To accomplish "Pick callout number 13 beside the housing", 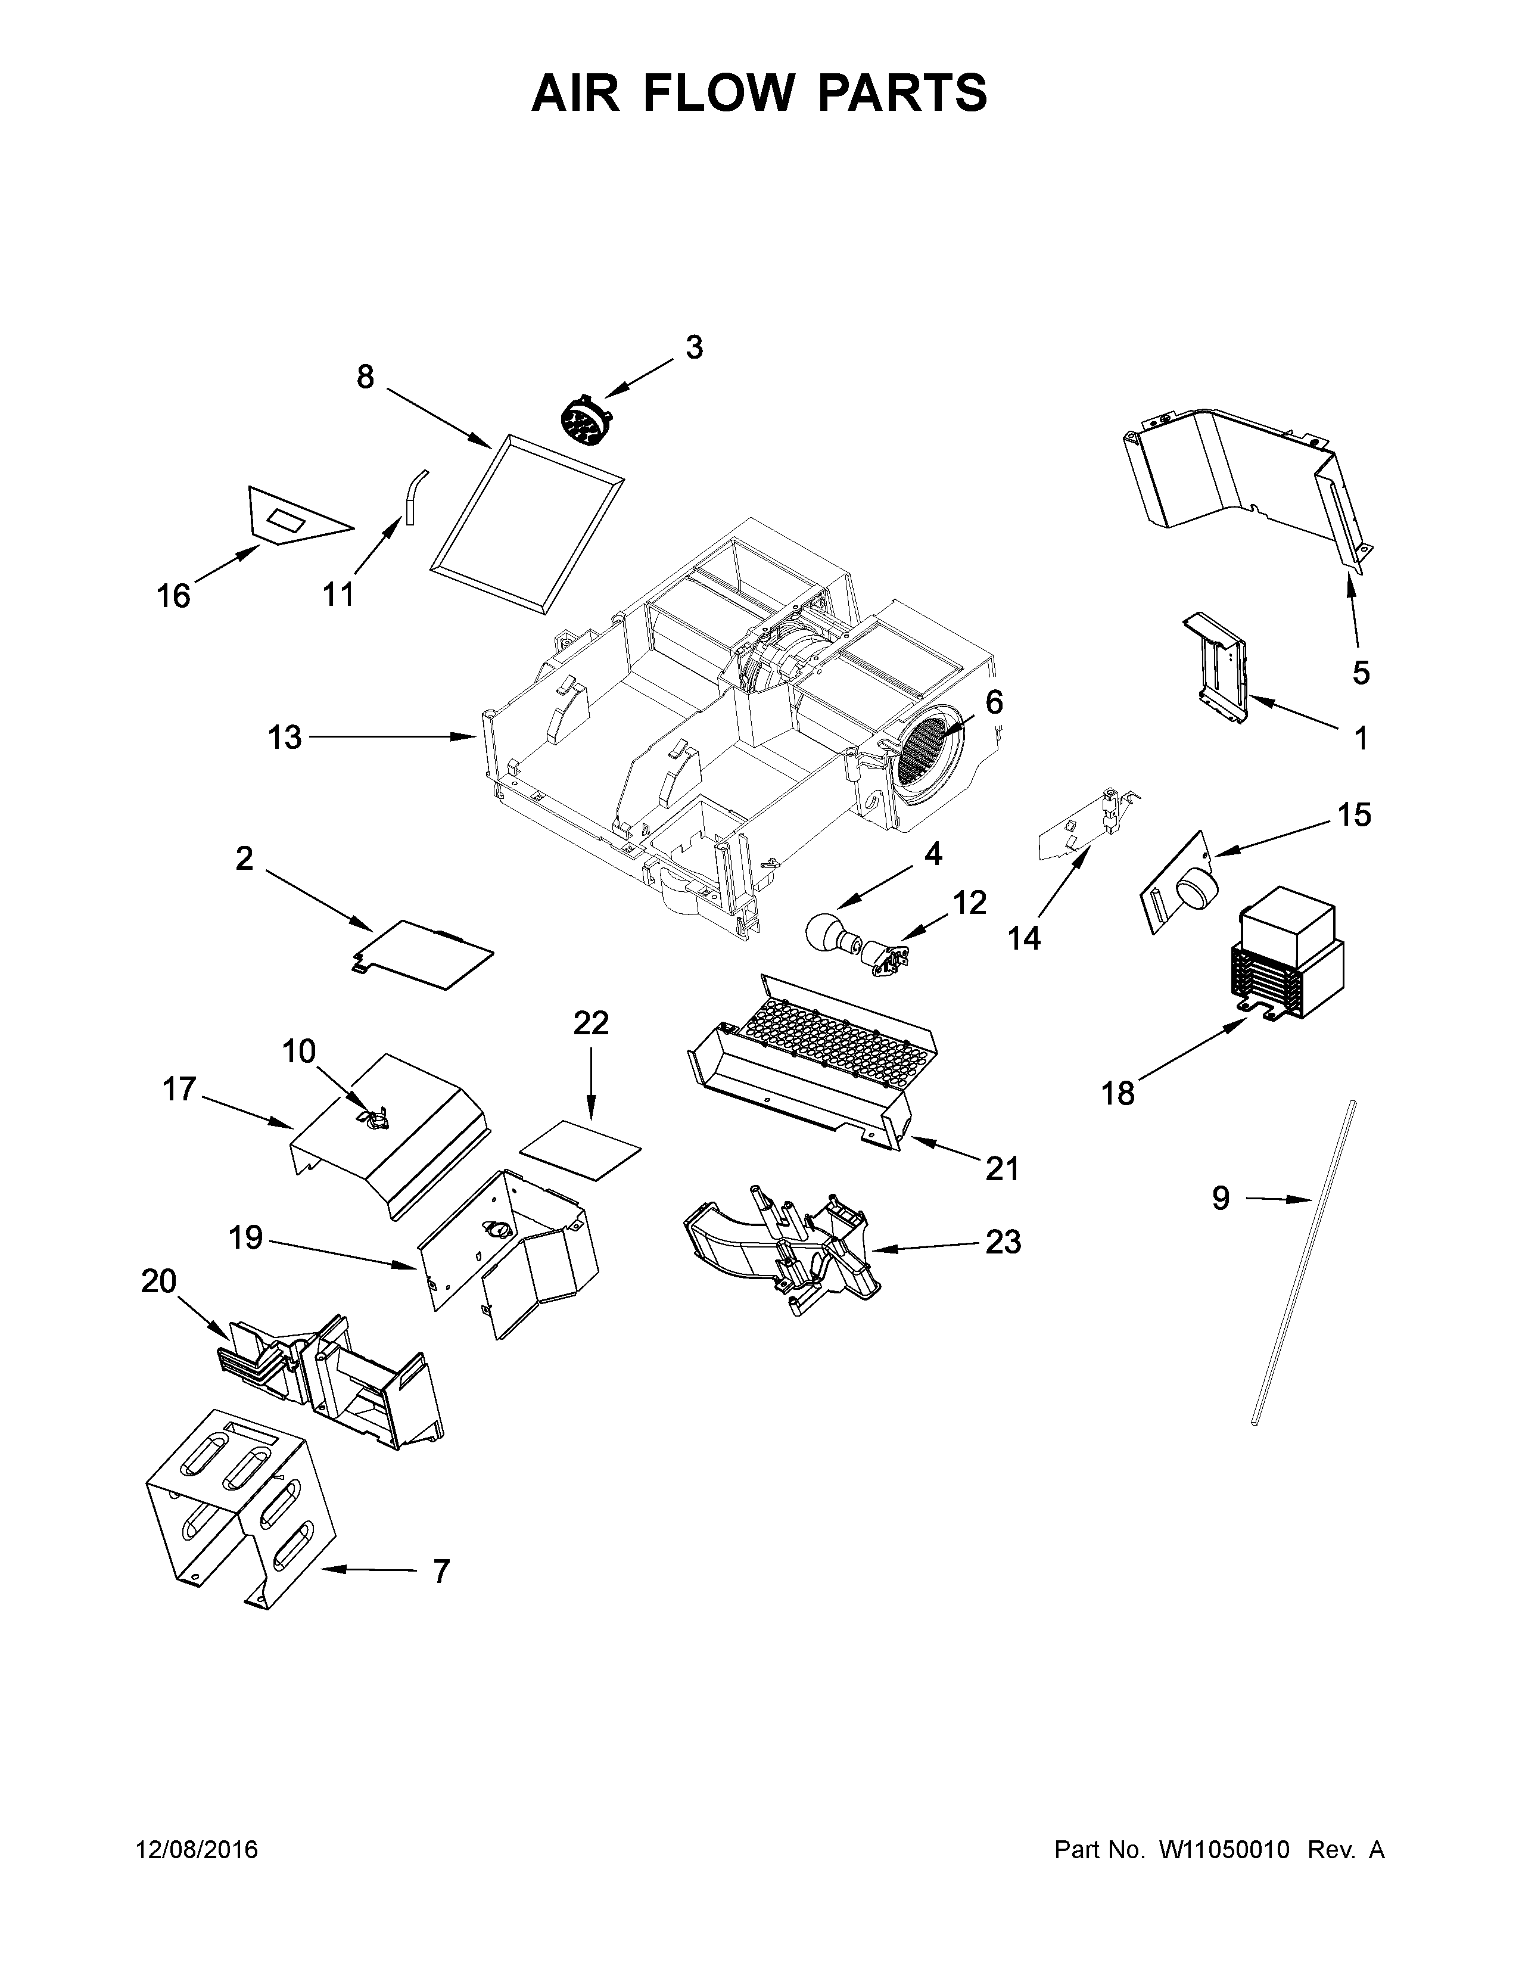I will [284, 738].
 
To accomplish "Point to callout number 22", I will [592, 1024].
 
